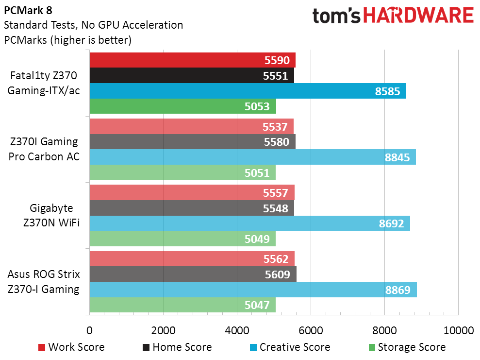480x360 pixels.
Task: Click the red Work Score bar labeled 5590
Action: point(193,60)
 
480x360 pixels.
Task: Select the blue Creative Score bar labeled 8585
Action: point(248,91)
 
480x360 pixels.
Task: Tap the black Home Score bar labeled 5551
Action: point(192,75)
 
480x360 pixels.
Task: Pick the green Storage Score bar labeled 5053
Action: point(183,106)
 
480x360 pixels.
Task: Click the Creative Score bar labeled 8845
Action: point(253,157)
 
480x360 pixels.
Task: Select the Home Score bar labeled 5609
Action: point(193,274)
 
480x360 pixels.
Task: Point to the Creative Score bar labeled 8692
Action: point(250,223)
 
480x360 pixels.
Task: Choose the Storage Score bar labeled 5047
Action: point(182,305)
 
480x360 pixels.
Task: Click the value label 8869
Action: point(397,290)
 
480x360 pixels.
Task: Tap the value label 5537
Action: point(275,127)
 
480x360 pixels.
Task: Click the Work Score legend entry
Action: point(71,347)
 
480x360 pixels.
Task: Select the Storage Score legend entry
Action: point(408,347)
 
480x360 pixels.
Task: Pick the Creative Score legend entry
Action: point(290,347)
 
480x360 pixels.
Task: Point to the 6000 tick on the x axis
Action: point(311,330)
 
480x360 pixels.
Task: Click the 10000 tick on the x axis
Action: point(459,330)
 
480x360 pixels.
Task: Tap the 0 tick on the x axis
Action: point(89,330)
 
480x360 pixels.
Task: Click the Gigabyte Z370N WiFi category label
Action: point(51,215)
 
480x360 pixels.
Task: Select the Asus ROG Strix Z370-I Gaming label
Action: point(44,282)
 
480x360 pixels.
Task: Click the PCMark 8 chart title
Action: point(28,10)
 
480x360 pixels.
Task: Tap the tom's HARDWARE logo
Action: point(393,16)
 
